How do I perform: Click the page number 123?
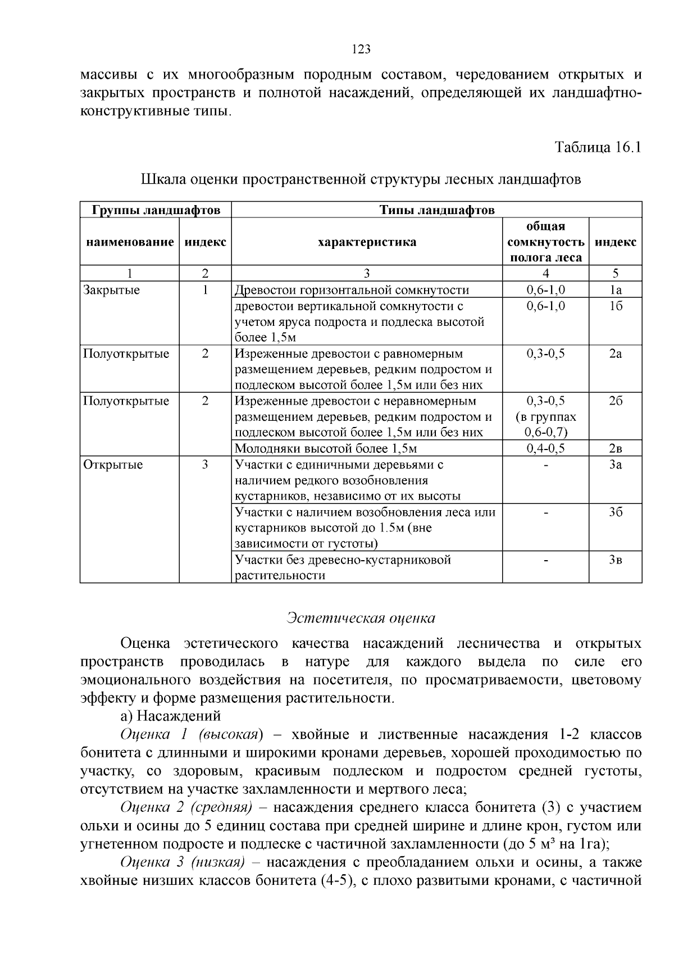click(361, 49)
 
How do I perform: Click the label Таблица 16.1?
click(598, 147)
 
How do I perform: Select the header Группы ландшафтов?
click(156, 210)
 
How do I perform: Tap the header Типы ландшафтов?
click(436, 210)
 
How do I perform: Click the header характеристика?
click(367, 242)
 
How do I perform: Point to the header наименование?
click(130, 242)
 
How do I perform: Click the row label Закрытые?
click(111, 290)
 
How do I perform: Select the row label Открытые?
click(113, 465)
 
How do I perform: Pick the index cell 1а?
click(615, 290)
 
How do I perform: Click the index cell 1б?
click(615, 306)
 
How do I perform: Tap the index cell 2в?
click(615, 448)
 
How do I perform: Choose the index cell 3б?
click(615, 512)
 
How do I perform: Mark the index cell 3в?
click(615, 560)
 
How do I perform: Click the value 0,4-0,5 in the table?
click(545, 448)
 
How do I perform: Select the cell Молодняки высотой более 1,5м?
click(325, 448)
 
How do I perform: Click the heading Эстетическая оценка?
click(361, 618)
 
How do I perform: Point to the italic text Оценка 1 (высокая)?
click(191, 734)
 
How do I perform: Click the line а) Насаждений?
click(170, 716)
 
